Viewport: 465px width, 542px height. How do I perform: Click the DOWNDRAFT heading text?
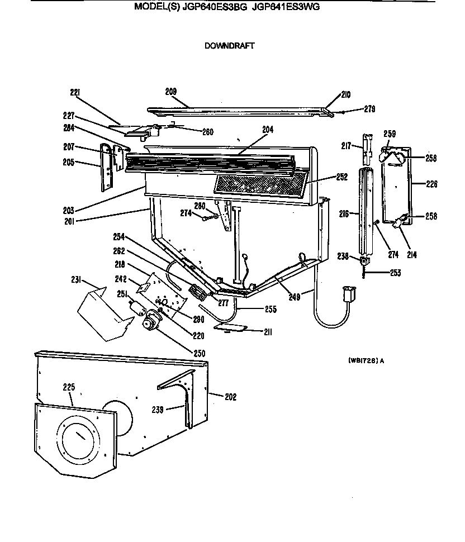(229, 46)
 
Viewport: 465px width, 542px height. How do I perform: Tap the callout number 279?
(369, 109)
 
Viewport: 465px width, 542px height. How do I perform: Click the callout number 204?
(268, 129)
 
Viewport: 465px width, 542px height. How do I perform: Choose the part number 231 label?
(77, 280)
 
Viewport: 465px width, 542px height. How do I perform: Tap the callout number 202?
(230, 397)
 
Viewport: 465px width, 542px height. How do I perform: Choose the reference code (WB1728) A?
(366, 360)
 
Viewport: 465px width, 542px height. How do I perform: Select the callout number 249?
(294, 297)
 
